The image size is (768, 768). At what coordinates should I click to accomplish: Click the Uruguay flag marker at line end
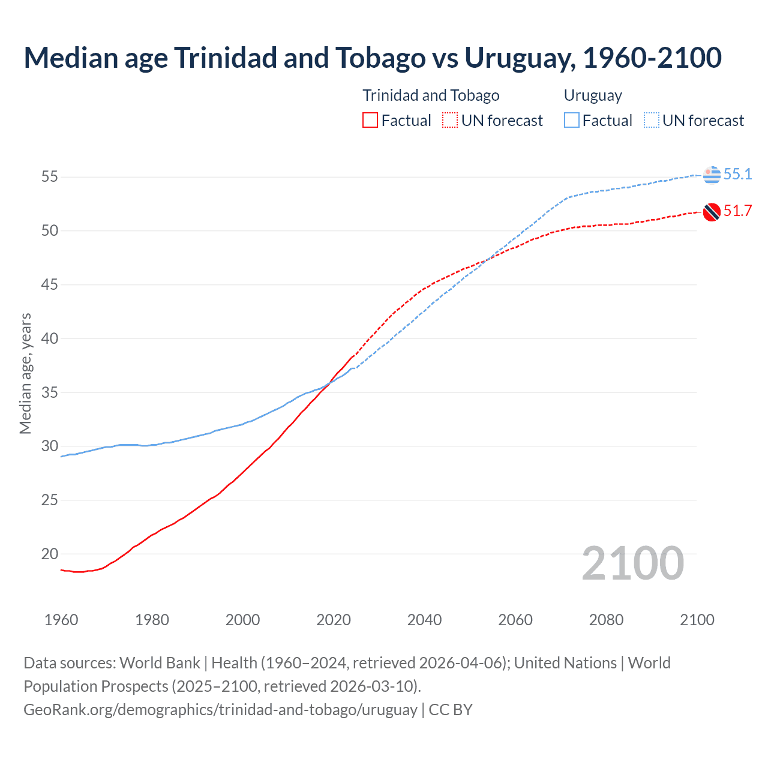[712, 175]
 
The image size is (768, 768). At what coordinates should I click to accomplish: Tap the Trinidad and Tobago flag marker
[712, 212]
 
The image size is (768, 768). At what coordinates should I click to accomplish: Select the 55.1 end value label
[737, 175]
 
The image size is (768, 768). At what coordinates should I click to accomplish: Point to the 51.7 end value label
[737, 211]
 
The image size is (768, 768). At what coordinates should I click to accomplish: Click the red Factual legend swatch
[370, 121]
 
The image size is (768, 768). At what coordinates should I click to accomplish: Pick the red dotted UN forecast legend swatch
[450, 121]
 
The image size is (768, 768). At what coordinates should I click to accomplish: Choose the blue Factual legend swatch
[572, 121]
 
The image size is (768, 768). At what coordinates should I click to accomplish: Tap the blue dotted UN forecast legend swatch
[651, 121]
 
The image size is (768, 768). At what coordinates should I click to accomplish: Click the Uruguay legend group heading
[593, 95]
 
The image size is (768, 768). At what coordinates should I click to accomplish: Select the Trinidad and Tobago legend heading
[431, 95]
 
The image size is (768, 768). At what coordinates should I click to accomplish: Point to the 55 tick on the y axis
[49, 177]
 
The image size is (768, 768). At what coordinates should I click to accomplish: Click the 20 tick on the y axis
[49, 554]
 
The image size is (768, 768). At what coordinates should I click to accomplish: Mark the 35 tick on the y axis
[49, 392]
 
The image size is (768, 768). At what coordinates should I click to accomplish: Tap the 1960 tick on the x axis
[61, 620]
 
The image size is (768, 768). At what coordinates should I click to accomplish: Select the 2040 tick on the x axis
[424, 620]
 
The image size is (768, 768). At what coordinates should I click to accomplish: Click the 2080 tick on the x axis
[606, 620]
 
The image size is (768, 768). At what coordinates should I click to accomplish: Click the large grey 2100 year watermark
[633, 563]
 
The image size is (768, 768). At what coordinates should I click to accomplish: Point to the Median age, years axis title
[25, 373]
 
